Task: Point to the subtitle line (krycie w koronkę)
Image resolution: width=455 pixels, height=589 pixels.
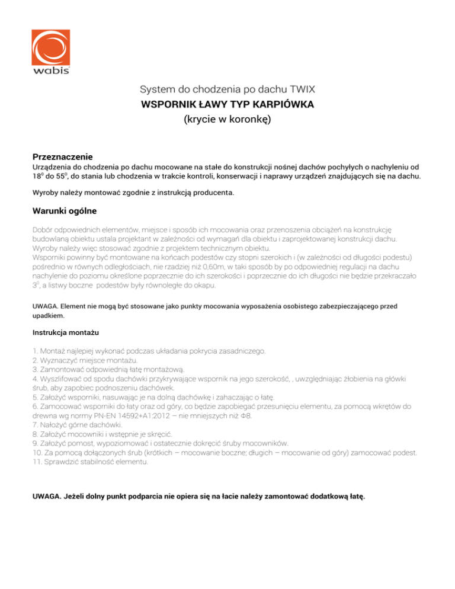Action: click(x=227, y=119)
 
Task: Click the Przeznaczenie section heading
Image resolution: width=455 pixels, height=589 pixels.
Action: click(x=62, y=157)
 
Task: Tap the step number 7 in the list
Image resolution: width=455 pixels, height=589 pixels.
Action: click(x=35, y=425)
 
